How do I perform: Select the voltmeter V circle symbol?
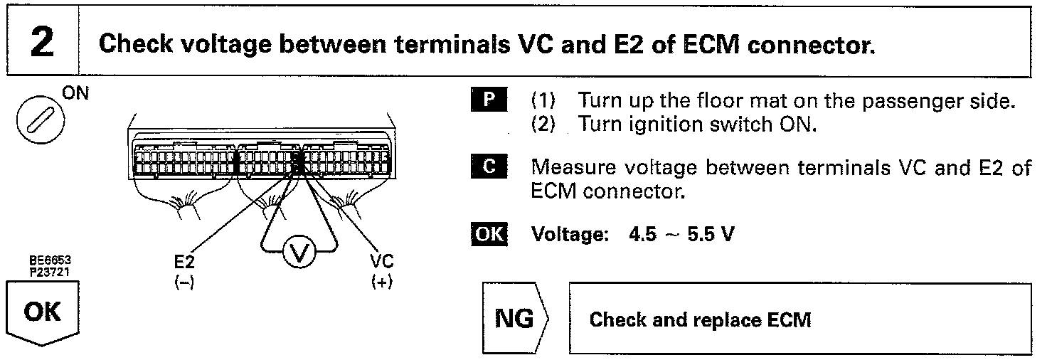pos(297,253)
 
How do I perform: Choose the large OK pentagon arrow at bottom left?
pos(43,313)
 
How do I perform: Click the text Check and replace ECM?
pos(700,320)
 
